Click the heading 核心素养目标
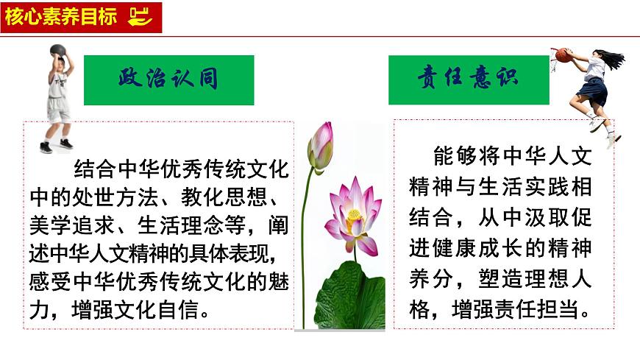60,17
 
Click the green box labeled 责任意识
469,79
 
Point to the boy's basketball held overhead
57,52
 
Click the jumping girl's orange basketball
563,54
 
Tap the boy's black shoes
56,146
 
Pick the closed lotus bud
320,147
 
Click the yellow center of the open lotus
355,216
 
